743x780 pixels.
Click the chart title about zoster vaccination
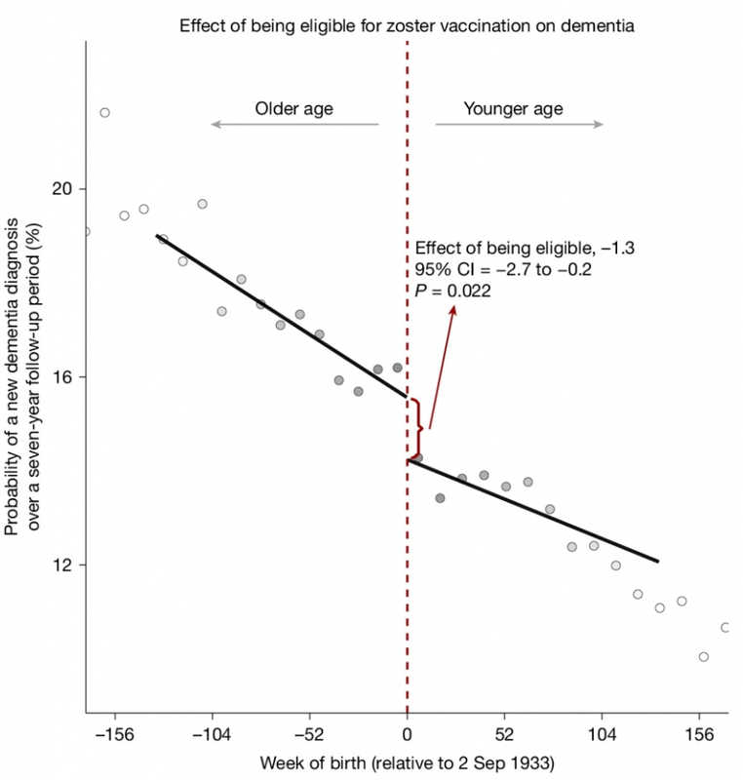(408, 26)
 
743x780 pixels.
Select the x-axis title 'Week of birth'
(407, 760)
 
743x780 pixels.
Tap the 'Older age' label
(293, 108)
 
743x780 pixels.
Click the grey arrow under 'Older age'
(294, 125)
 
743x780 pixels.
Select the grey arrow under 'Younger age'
(519, 125)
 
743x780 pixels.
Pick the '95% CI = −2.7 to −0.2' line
(499, 269)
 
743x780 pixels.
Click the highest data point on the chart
(104, 113)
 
